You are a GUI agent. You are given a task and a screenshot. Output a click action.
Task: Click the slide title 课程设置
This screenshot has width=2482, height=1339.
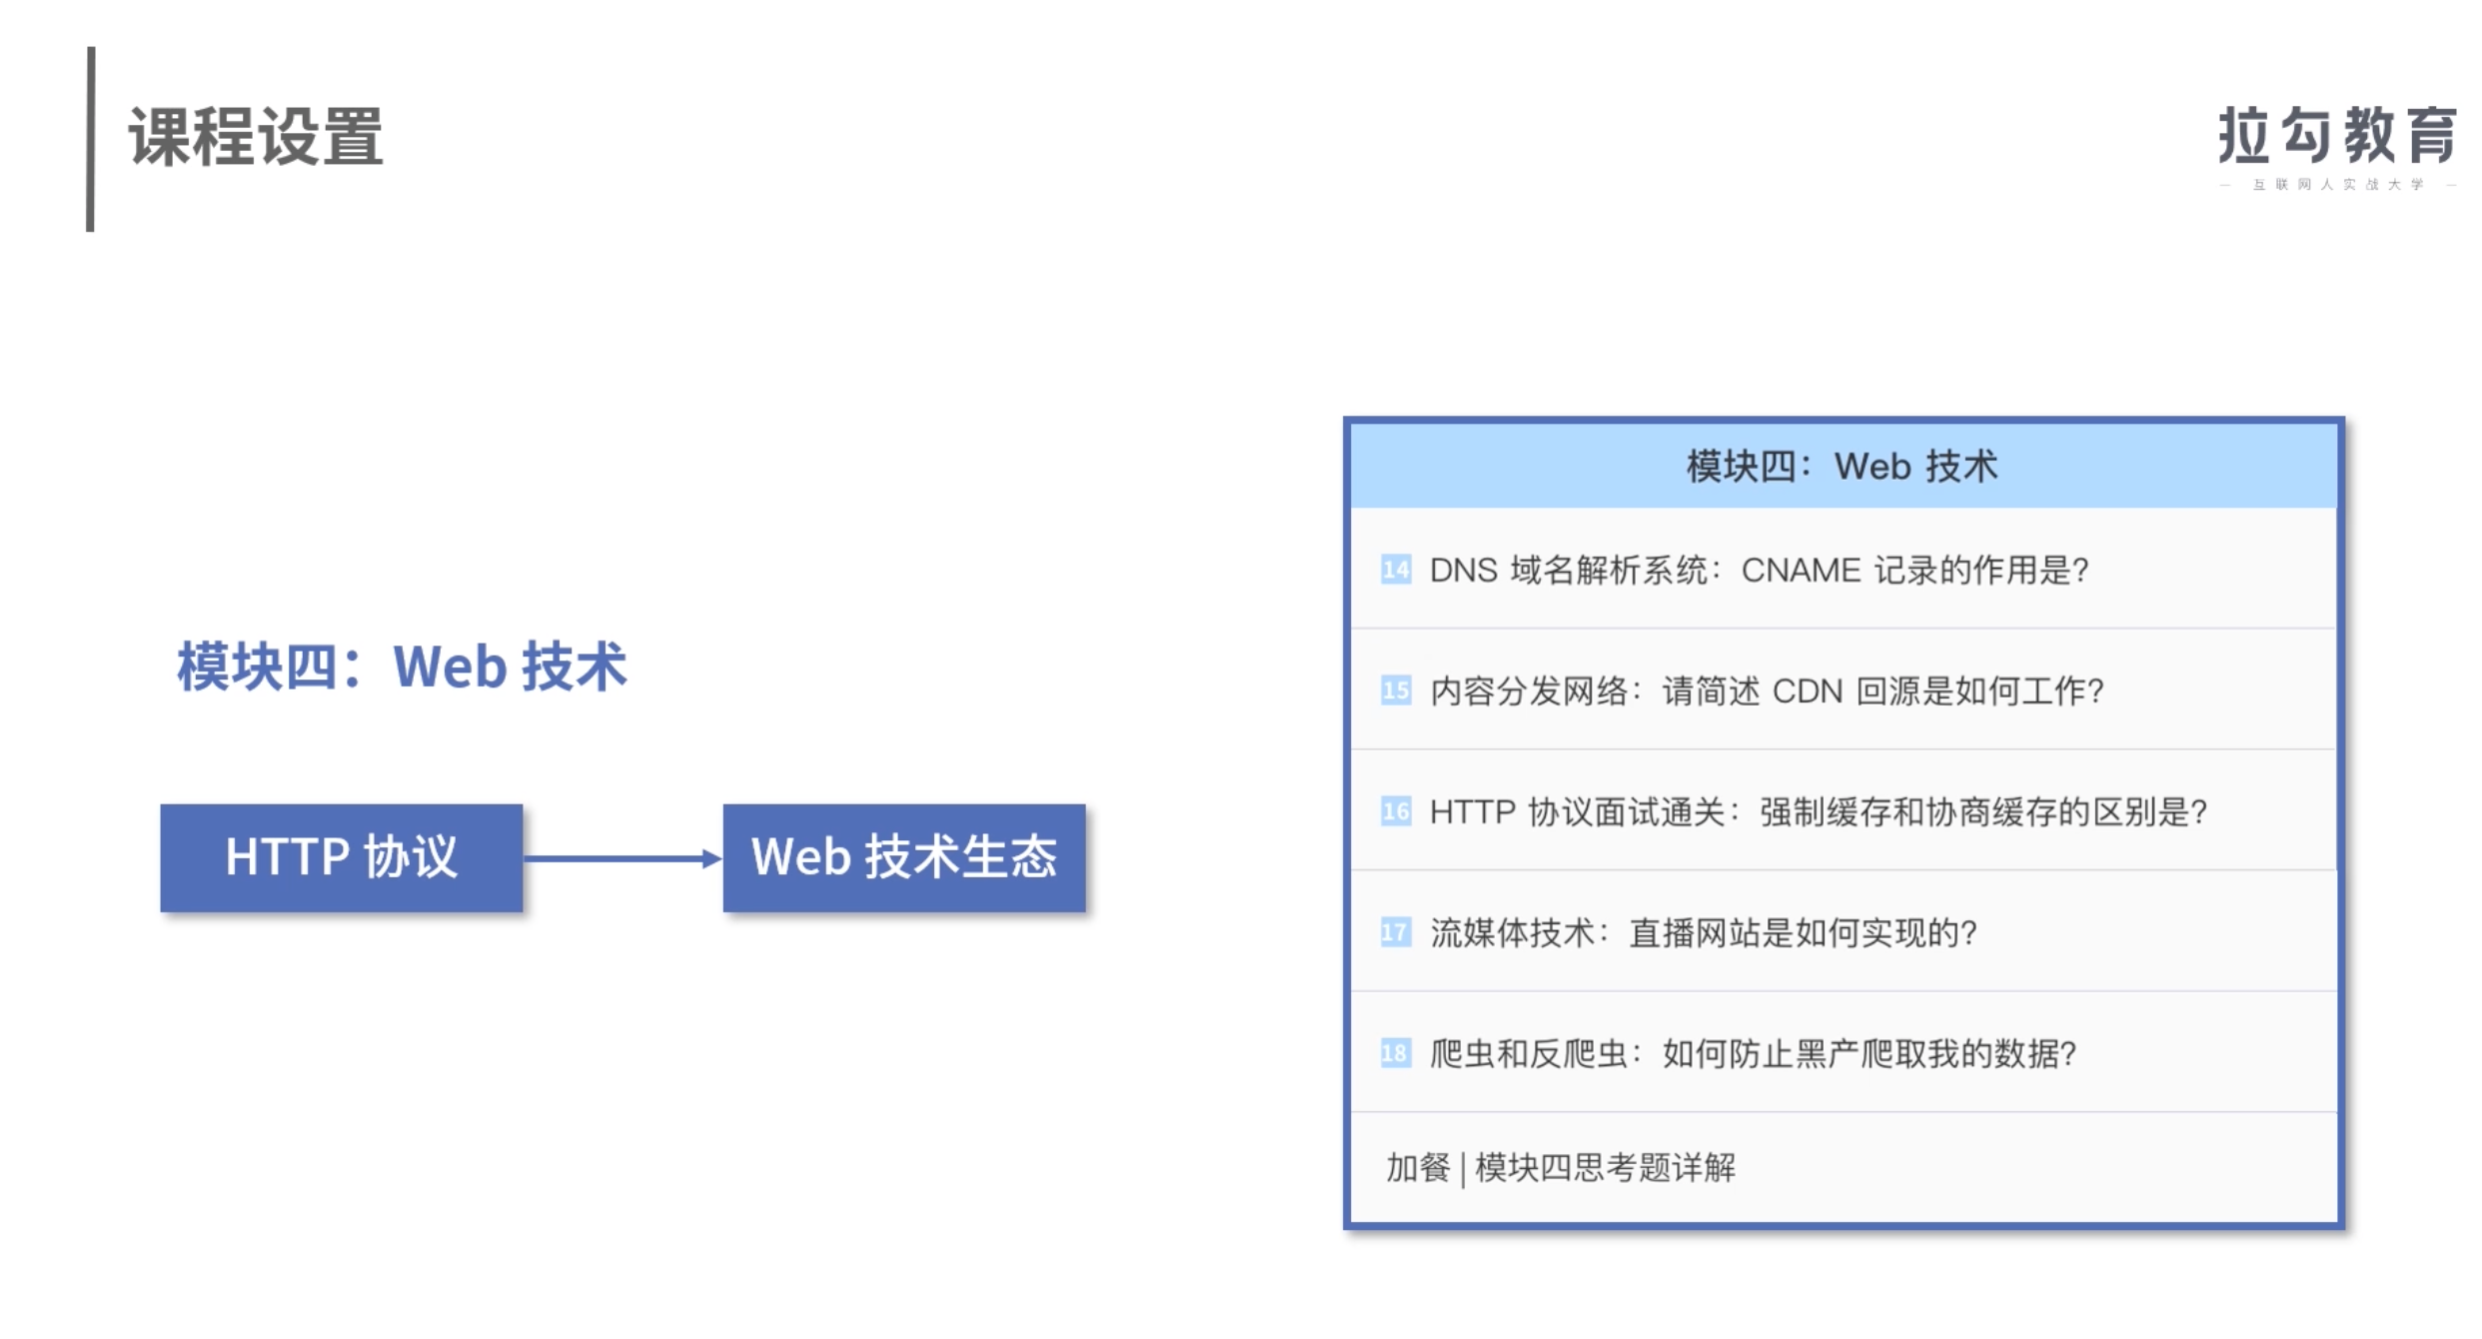pyautogui.click(x=256, y=137)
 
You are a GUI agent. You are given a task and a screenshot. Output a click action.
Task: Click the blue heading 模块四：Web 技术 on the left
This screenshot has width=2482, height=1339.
pyautogui.click(x=402, y=667)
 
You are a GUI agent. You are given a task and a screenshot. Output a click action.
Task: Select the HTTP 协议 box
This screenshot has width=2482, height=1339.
pyautogui.click(x=342, y=857)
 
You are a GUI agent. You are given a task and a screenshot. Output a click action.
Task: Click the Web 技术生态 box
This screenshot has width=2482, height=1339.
pyautogui.click(x=904, y=857)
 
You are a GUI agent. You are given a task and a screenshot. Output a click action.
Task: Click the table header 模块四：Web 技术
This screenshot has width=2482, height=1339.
pyautogui.click(x=1843, y=467)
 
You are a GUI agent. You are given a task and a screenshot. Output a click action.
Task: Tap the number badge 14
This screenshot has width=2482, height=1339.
pyautogui.click(x=1395, y=570)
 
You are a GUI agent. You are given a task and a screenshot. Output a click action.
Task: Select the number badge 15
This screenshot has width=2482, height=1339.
pyautogui.click(x=1395, y=690)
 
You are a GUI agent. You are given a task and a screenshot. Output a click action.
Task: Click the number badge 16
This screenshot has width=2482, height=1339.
pyautogui.click(x=1395, y=811)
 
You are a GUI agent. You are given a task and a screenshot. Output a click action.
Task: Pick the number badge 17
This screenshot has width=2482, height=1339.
pyautogui.click(x=1395, y=932)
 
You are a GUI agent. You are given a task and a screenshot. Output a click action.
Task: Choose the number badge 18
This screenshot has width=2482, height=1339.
pyautogui.click(x=1395, y=1053)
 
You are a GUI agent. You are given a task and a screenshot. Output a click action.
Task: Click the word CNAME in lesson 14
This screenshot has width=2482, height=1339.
pyautogui.click(x=1801, y=571)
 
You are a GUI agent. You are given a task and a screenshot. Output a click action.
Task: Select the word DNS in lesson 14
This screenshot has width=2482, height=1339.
pyautogui.click(x=1464, y=571)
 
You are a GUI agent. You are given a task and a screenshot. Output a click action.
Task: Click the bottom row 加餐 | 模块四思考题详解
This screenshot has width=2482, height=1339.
pyautogui.click(x=1561, y=1167)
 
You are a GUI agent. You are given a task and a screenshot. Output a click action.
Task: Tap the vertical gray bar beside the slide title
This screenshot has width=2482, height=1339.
pyautogui.click(x=91, y=139)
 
